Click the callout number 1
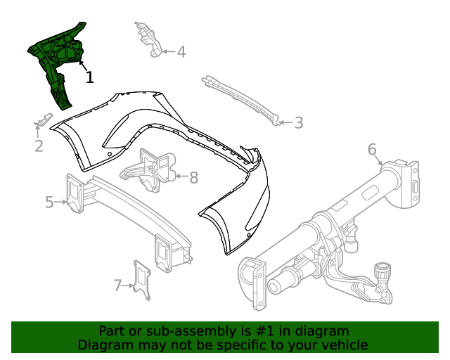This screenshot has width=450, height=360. [89, 77]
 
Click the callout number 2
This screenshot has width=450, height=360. [39, 146]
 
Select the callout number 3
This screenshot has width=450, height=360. [299, 123]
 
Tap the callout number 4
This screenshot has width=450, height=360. [181, 51]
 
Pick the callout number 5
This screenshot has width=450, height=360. [49, 202]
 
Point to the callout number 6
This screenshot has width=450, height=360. [372, 149]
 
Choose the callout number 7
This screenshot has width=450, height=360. [117, 285]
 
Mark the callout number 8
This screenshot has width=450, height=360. [193, 178]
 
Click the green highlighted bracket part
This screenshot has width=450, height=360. [58, 60]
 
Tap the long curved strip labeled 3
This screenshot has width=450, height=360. [239, 98]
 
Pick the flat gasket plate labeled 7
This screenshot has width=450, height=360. [142, 280]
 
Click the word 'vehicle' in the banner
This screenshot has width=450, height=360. [342, 345]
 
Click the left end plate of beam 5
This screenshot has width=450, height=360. [74, 191]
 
